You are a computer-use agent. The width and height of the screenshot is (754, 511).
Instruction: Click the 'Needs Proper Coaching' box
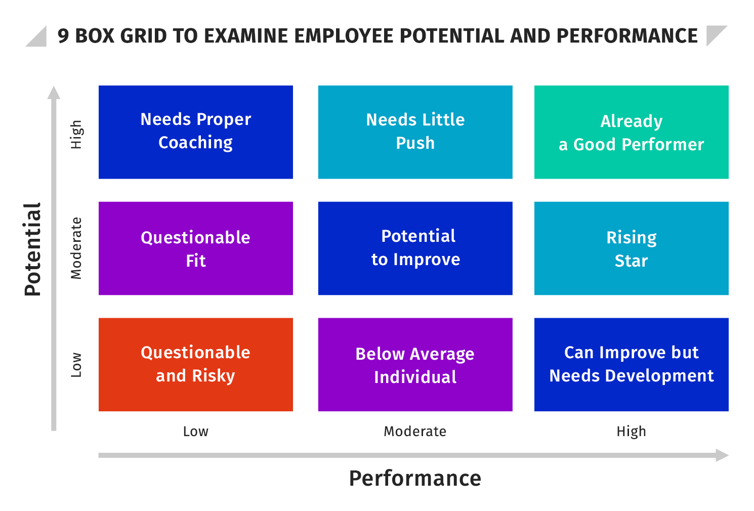pos(195,132)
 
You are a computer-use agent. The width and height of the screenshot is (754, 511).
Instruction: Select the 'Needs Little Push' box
pos(415,132)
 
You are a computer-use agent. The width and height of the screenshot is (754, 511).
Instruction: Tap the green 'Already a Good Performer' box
pos(631,132)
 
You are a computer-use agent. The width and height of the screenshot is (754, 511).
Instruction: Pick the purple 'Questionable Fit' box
pos(195,248)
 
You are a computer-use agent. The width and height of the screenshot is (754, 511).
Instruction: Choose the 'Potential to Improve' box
pos(415,248)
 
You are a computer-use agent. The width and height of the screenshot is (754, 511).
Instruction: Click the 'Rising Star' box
pos(631,248)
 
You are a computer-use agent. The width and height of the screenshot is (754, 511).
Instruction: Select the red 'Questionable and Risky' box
pos(195,364)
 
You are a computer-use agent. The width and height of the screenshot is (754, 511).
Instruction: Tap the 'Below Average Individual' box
pos(415,364)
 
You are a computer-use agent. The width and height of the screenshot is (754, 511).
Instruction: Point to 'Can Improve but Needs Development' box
pos(631,364)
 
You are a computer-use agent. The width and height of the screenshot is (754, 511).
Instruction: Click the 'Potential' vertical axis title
pos(32,249)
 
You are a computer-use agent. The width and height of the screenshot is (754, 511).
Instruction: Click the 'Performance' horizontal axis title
pos(415,478)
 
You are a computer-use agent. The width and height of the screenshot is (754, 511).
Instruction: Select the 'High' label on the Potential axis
pos(76,135)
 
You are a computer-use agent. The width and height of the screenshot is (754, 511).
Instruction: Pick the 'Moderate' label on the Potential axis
pos(76,248)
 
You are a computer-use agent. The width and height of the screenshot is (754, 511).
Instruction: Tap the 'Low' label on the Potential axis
pos(76,365)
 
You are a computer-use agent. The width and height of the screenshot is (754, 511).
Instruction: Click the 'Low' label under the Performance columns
pos(195,432)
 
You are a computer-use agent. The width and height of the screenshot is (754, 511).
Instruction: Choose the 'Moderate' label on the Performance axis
pos(415,432)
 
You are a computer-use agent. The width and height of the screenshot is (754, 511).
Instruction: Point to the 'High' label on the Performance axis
pos(631,432)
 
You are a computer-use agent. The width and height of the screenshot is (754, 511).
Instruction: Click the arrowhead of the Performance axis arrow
pos(722,455)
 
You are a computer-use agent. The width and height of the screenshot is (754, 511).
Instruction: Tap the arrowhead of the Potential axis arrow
pos(54,93)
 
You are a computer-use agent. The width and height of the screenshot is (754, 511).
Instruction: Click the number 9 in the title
pos(63,36)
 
